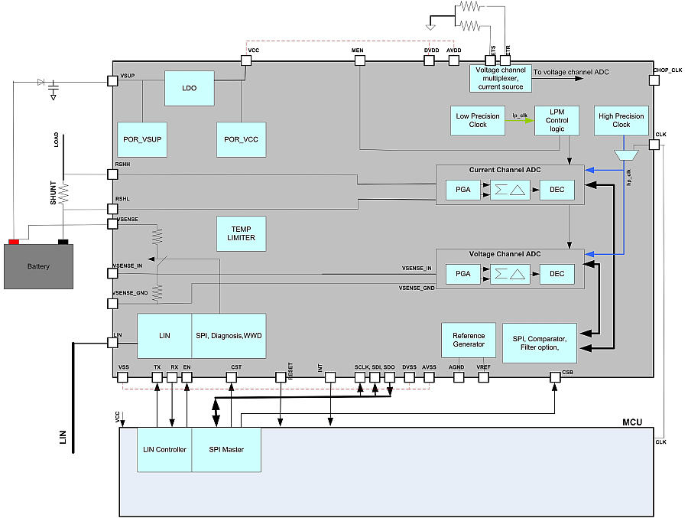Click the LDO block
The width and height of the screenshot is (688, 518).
click(x=190, y=88)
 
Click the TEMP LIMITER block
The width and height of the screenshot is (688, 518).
click(x=242, y=233)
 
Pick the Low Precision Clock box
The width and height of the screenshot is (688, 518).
click(x=478, y=120)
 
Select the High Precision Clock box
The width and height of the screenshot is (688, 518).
click(x=621, y=120)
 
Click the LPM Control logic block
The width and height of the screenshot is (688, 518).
click(x=557, y=120)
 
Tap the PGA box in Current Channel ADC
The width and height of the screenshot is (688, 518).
click(x=463, y=190)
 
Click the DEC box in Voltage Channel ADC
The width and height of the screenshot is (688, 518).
click(x=557, y=272)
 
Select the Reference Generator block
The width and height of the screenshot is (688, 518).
click(x=469, y=339)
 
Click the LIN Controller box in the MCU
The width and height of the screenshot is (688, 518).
click(x=164, y=449)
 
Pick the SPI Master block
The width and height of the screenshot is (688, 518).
click(x=226, y=449)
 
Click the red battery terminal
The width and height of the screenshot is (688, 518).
click(x=13, y=243)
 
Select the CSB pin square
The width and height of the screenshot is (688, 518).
click(x=555, y=376)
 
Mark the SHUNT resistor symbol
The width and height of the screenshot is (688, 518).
click(x=63, y=193)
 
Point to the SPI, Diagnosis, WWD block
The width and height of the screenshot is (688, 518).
click(x=229, y=335)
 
